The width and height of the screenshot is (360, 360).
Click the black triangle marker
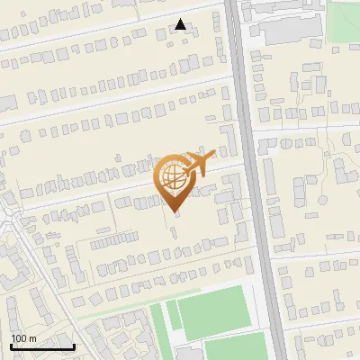coord(181,24)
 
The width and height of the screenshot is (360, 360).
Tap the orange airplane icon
coord(196,164)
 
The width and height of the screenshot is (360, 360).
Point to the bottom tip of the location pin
coord(174,211)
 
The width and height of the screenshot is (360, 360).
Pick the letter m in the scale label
coord(32,338)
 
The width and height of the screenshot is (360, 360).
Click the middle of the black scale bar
coord(42,346)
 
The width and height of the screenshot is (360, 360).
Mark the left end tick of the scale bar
coord(11,346)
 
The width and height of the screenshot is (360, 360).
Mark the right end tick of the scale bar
coord(74,346)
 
